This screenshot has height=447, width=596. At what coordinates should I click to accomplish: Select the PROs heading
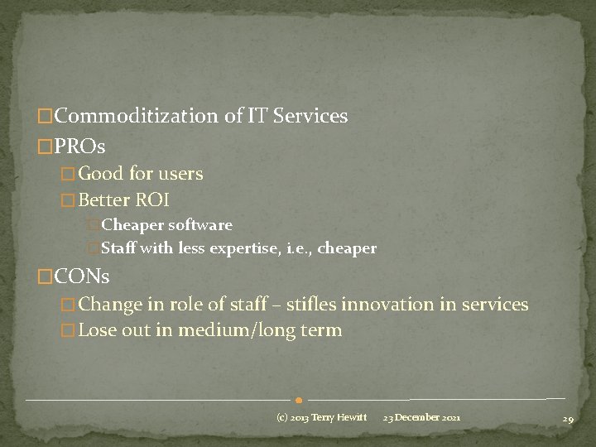[79, 147]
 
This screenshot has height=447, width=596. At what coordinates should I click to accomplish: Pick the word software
[200, 225]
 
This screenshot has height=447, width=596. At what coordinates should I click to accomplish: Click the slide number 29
[568, 419]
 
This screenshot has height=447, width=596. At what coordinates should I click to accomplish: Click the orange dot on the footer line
[297, 401]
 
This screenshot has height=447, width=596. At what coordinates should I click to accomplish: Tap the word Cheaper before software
[132, 225]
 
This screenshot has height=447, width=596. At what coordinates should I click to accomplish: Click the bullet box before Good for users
[69, 175]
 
